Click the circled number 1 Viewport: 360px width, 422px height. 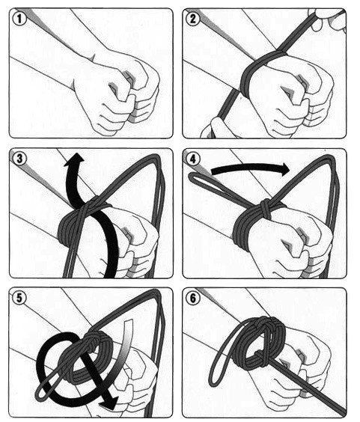(x=19, y=19)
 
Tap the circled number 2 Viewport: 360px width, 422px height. (x=193, y=19)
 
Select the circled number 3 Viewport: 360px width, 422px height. (x=19, y=159)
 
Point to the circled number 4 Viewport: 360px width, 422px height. (x=193, y=159)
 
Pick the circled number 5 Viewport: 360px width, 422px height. (x=19, y=299)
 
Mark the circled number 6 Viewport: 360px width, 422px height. (x=193, y=299)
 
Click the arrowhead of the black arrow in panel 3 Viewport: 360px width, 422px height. (x=75, y=159)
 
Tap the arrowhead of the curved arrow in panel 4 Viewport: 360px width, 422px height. (x=284, y=170)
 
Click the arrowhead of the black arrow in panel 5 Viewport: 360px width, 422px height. (x=109, y=403)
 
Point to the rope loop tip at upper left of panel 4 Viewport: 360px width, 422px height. (x=192, y=177)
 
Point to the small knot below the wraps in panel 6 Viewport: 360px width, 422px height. (x=260, y=357)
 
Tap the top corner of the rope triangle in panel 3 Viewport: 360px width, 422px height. (x=156, y=157)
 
